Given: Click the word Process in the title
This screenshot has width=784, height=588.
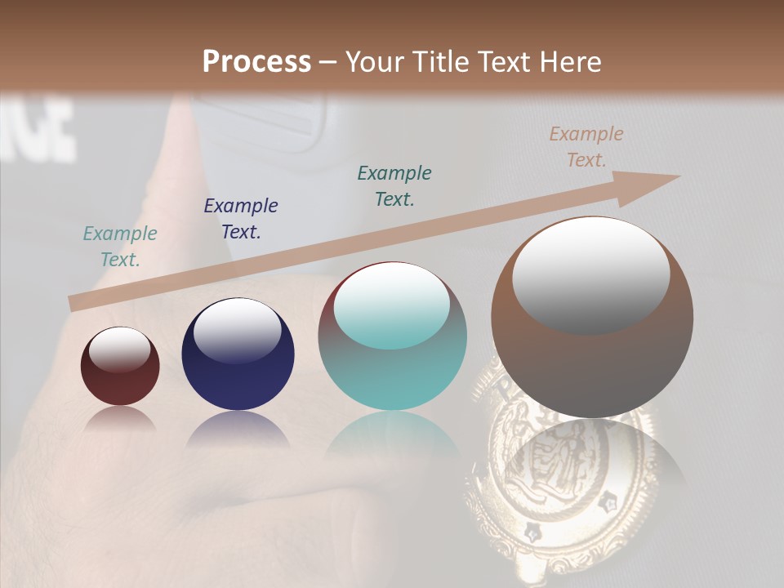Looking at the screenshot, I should (256, 62).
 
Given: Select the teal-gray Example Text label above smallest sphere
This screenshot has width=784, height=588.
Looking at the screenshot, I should (120, 246).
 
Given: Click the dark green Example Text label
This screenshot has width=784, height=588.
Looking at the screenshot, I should (394, 185).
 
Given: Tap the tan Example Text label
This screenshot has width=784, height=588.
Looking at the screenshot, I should (586, 147).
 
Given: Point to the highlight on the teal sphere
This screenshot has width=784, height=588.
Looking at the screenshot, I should (392, 305).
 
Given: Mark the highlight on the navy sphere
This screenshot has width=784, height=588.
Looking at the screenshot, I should (238, 329).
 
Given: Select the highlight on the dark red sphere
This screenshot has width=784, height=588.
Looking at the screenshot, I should (120, 349).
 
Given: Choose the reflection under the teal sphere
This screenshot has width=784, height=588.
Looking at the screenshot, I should (393, 441).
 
